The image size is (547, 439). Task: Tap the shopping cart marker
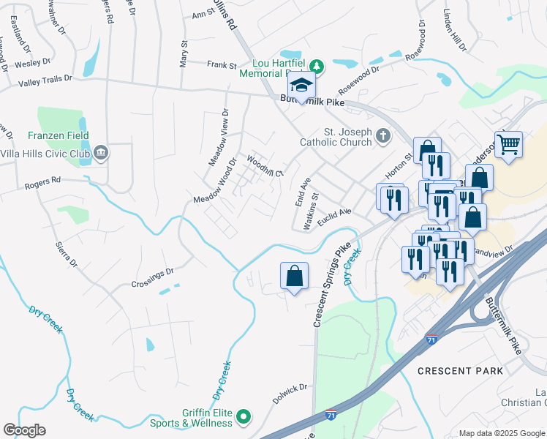click(508, 143)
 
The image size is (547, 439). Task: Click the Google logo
click(24, 430)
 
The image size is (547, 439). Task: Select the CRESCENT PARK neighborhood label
click(460, 371)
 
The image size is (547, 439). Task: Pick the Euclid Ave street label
click(334, 212)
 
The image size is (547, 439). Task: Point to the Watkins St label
click(312, 211)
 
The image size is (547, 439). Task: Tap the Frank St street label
click(222, 65)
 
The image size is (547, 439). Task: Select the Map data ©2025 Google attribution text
click(501, 433)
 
